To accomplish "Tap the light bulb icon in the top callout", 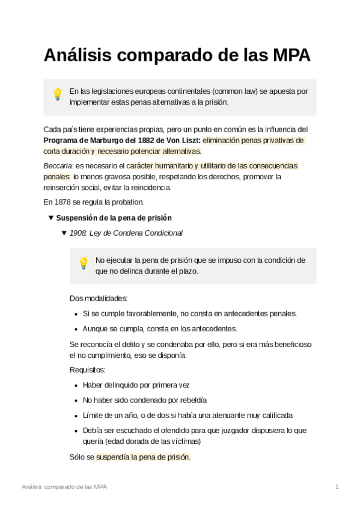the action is tap(58, 94).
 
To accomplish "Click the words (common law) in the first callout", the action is tap(234, 91).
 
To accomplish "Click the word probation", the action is tap(127, 202).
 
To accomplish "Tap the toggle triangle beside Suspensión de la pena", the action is tap(51, 218).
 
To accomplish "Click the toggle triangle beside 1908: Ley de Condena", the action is tap(64, 233).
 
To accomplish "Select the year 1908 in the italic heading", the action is tap(78, 233).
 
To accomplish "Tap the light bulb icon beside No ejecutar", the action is tap(84, 263).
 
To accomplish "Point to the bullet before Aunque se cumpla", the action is tap(76, 329).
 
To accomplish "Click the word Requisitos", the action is tap(88, 370).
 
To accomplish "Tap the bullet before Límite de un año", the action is tap(76, 416).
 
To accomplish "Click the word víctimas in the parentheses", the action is tap(186, 441).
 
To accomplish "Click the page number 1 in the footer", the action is tap(337, 487).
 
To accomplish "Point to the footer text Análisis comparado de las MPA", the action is tap(64, 487).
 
